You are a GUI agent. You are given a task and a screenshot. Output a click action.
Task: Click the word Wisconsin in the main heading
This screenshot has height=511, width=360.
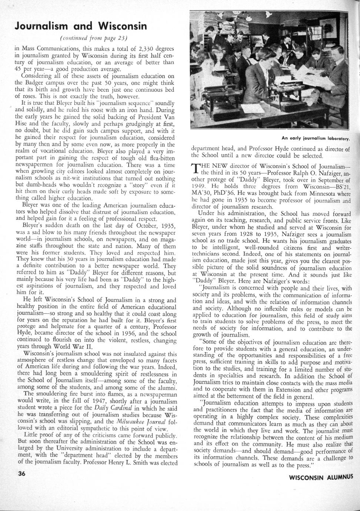[x=122, y=26]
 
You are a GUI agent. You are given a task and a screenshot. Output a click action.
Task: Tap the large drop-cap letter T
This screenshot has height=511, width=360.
[x=195, y=169]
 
